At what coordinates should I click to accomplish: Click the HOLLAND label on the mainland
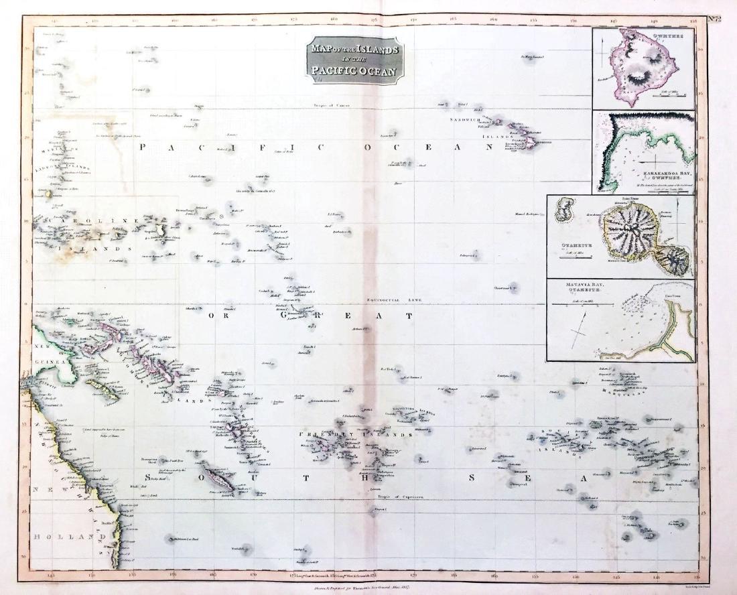(70, 537)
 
